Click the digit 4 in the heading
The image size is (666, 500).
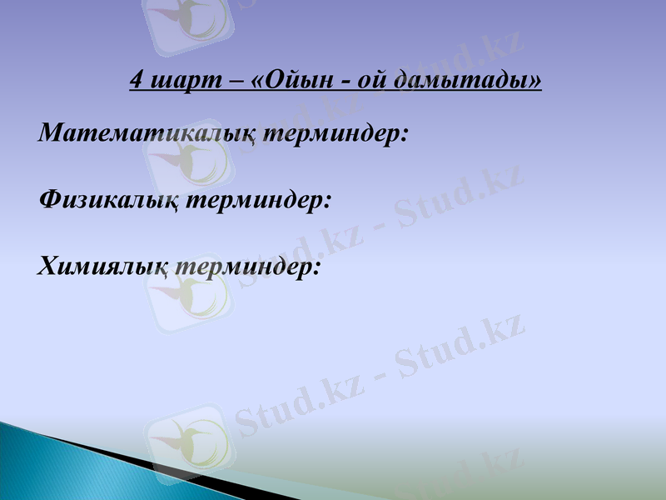click(x=137, y=80)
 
